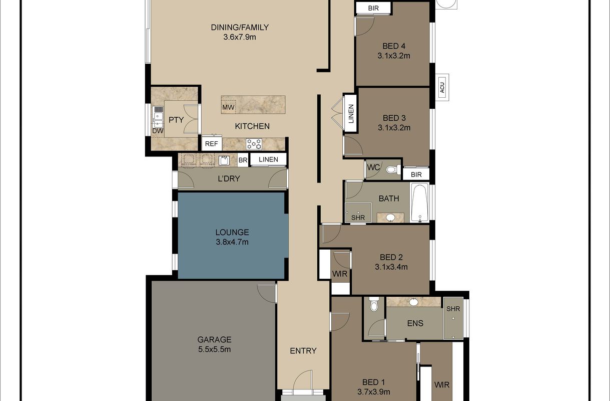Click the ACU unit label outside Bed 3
coord(442,88)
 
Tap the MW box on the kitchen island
coord(228,107)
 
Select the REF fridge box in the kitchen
coord(211,144)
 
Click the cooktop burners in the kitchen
coord(254,144)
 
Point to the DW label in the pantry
coord(158,131)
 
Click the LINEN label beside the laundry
coord(268,160)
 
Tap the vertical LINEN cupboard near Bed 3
coord(351,114)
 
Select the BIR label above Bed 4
coord(373,9)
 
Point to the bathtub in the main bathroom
coord(419,203)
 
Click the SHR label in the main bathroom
coord(358,218)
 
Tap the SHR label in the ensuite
coord(453,309)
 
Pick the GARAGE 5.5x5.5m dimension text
coord(214,349)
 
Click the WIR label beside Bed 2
coord(340,274)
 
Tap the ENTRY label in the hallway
coord(303,351)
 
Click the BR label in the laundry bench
coord(243,160)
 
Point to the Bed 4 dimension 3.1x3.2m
coord(394,56)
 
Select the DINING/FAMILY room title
coord(240,28)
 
